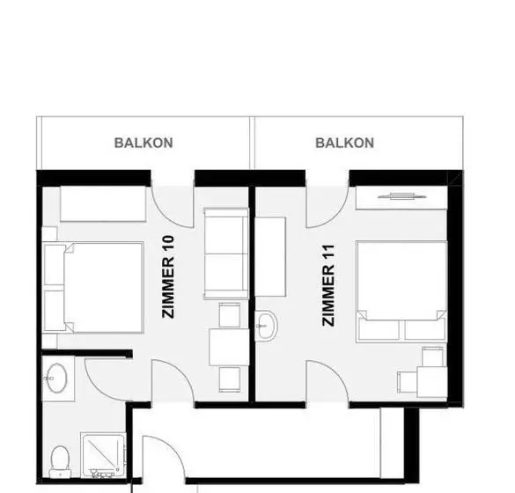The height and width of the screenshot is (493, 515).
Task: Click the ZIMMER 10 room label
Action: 168,276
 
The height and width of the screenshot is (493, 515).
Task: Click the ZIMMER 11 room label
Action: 328,285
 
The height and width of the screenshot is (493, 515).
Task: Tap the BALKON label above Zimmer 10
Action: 143,143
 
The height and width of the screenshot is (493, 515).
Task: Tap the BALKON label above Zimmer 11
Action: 344,143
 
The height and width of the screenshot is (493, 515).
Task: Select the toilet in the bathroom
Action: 60,461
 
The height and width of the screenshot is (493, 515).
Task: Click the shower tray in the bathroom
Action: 103,455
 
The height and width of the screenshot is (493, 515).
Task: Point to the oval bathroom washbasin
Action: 56,378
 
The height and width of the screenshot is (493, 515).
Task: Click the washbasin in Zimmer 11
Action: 267,326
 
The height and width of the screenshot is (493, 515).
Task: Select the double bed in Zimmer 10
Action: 93,288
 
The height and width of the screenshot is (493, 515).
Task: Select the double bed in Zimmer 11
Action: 401,291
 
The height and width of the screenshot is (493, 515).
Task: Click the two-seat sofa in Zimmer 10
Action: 226,254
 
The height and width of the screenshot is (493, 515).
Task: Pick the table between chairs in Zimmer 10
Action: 229,347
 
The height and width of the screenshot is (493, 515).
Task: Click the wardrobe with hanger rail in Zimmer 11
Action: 401,197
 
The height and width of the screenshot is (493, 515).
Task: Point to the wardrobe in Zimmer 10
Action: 103,203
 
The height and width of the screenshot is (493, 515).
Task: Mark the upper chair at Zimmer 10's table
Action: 229,315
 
